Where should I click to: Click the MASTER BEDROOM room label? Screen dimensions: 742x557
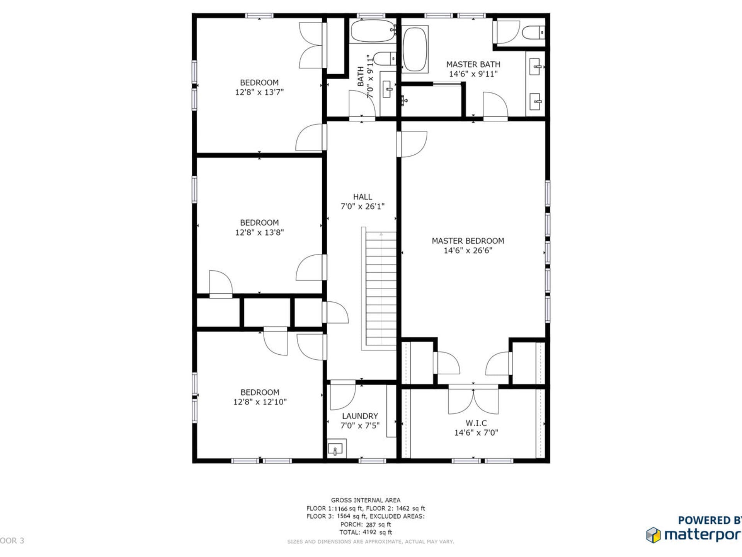click(x=468, y=241)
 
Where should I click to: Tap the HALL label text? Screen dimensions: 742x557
click(x=362, y=197)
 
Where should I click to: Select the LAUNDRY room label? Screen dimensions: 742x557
click(x=360, y=416)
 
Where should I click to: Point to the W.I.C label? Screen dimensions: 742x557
click(x=476, y=423)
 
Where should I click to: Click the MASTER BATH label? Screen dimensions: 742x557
click(x=473, y=65)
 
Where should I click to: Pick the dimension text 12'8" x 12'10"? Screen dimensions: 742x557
click(x=260, y=402)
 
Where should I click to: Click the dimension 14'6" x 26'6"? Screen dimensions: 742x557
click(x=468, y=251)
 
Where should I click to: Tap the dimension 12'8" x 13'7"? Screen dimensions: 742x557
click(x=259, y=92)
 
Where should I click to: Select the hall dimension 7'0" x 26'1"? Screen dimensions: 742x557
click(x=362, y=207)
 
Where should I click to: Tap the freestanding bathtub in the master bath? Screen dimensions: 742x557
click(x=415, y=49)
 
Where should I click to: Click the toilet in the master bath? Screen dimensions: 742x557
click(x=533, y=32)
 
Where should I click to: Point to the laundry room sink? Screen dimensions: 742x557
click(x=335, y=449)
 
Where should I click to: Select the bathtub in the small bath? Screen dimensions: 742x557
click(x=373, y=31)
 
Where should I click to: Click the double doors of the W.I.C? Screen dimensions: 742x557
click(x=473, y=400)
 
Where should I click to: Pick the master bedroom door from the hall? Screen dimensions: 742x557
click(x=412, y=144)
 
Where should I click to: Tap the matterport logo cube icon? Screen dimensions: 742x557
click(x=654, y=535)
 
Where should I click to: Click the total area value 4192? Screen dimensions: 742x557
click(x=369, y=532)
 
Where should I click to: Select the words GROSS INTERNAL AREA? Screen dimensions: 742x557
click(x=366, y=500)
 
